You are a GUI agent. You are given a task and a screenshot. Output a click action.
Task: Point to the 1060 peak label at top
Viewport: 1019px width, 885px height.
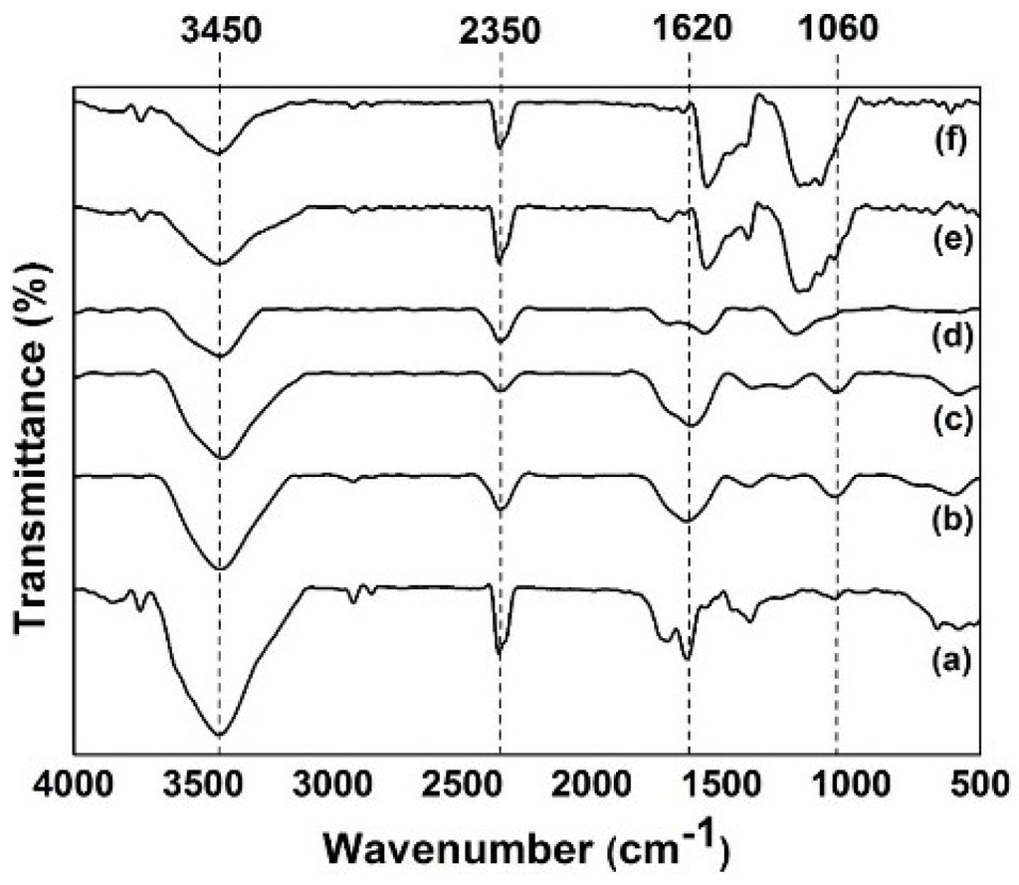(838, 31)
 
